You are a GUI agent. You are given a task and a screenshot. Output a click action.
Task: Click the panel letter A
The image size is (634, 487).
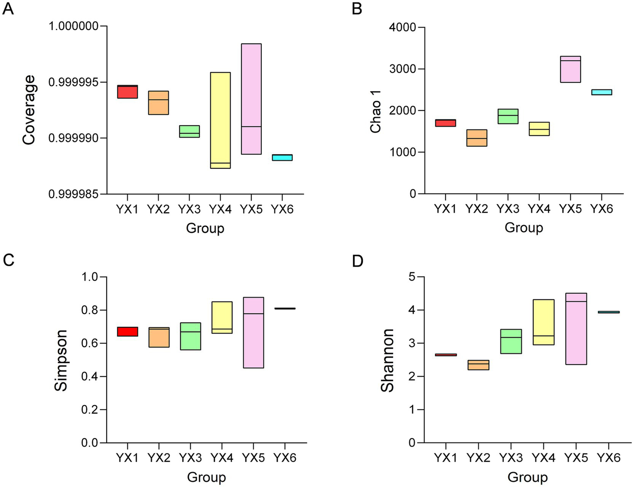[8, 9]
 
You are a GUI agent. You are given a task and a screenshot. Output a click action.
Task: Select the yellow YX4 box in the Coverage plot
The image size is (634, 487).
[220, 120]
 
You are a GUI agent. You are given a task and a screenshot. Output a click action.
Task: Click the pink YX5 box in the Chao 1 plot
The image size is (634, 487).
[570, 69]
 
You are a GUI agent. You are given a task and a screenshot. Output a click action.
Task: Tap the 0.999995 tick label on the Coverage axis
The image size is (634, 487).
[74, 82]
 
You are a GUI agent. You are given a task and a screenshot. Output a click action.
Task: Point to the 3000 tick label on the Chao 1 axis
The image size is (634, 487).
[402, 69]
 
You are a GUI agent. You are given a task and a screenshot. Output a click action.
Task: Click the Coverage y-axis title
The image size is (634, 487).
[29, 110]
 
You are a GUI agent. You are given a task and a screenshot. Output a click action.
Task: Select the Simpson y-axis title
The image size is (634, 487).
[61, 360]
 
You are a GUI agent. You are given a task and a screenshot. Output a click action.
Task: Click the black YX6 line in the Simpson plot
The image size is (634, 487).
[285, 308]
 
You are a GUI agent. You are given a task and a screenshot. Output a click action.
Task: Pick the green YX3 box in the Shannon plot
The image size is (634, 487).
[511, 341]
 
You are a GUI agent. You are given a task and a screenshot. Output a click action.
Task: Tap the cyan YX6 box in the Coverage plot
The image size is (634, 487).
[282, 158]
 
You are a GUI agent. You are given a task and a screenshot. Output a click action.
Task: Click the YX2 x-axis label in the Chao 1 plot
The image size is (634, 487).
[477, 209]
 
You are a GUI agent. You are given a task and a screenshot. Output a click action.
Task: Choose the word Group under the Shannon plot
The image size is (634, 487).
[527, 478]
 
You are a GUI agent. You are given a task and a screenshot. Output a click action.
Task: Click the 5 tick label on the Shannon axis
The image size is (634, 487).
[411, 277]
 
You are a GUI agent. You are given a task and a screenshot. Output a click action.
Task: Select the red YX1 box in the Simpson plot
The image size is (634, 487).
[128, 331]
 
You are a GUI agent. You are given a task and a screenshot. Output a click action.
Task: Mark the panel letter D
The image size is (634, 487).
[357, 260]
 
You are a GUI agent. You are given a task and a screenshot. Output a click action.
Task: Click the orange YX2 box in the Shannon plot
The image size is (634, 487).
[478, 365]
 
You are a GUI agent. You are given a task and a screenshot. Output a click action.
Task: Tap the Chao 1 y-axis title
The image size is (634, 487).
[375, 111]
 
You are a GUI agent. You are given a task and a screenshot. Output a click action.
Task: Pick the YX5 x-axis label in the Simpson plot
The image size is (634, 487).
[253, 458]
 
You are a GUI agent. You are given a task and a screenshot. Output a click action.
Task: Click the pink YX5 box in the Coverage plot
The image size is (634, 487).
[251, 99]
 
